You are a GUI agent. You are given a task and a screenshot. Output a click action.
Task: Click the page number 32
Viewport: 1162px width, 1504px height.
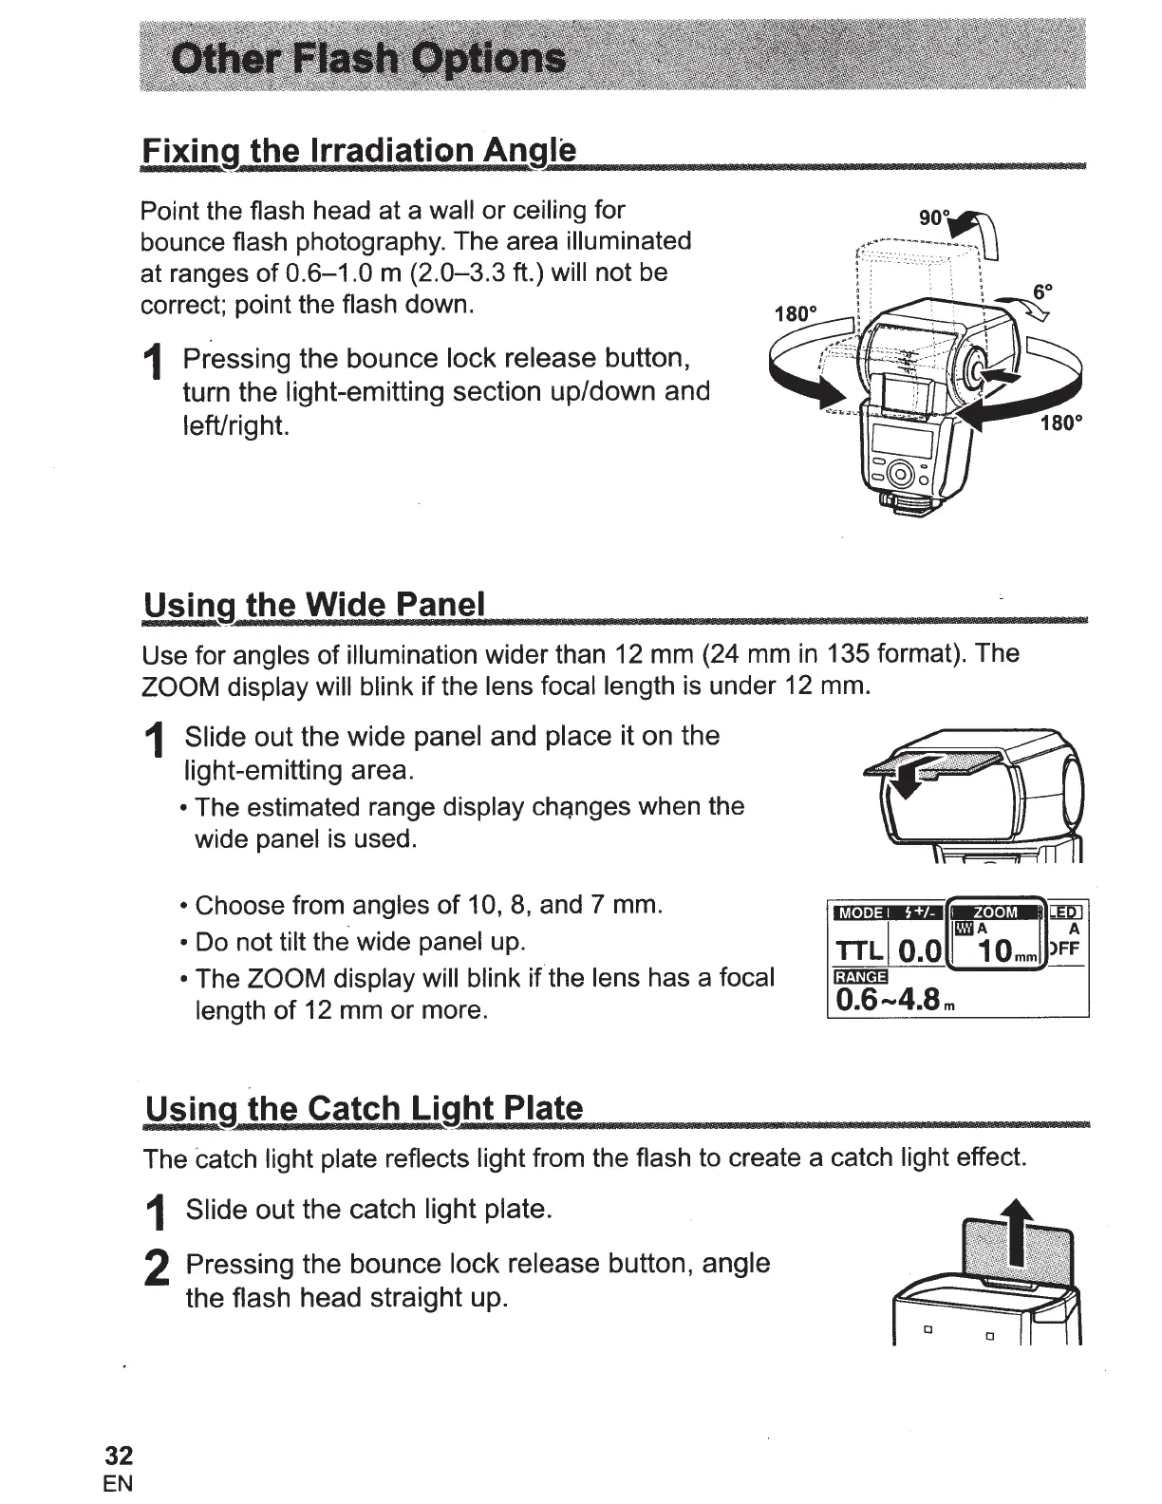[x=120, y=1456]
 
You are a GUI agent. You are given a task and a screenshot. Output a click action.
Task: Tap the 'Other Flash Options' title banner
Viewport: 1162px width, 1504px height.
[x=367, y=59]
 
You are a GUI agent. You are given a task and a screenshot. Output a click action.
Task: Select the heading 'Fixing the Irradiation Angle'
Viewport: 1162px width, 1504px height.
[x=358, y=151]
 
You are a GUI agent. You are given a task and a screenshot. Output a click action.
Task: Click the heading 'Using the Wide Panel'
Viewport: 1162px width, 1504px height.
[x=313, y=604]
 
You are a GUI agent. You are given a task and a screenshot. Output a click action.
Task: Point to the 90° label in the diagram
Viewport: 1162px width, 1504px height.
[x=934, y=217]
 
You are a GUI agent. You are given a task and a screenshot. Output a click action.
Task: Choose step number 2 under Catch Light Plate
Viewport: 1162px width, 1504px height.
[x=156, y=1272]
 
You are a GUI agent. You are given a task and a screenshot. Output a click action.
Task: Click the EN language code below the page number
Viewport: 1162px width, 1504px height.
[x=120, y=1483]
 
